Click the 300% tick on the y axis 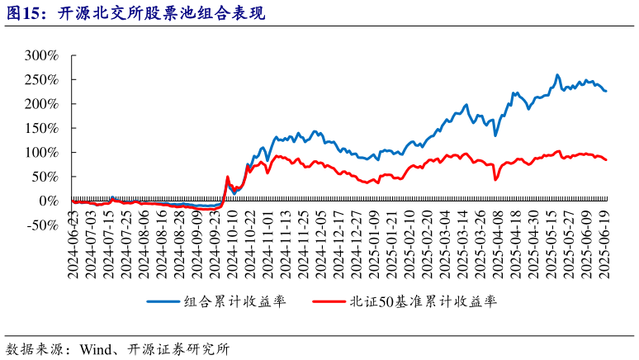click(40, 55)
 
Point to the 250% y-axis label click(40, 80)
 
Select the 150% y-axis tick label click(40, 128)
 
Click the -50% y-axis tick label click(40, 225)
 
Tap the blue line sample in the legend click(164, 301)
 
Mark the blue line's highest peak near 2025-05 click(557, 75)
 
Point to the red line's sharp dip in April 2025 click(495, 179)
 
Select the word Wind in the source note click(96, 348)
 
